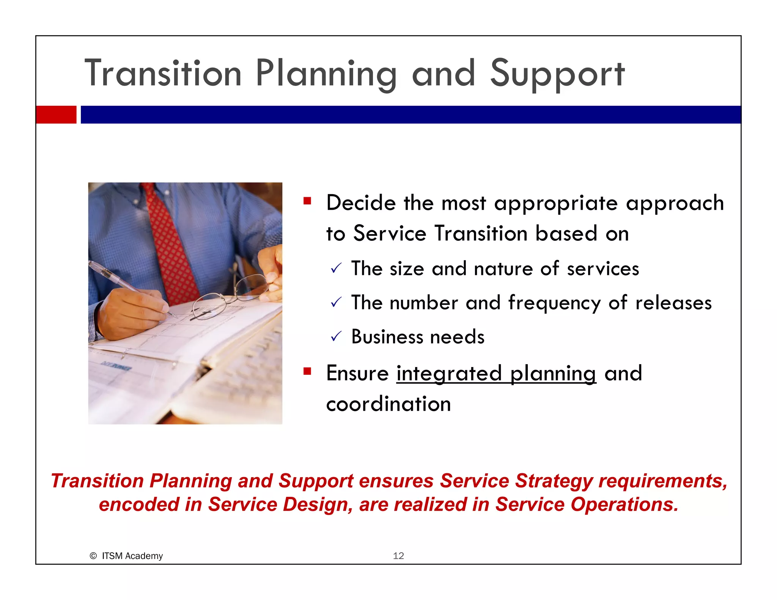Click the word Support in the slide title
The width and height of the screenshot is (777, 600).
click(x=557, y=74)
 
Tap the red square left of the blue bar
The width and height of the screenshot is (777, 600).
click(x=56, y=115)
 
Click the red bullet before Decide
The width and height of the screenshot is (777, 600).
click(x=307, y=201)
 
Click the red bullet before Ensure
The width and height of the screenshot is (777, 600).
click(x=307, y=371)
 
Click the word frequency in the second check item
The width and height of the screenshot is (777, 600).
click(x=554, y=303)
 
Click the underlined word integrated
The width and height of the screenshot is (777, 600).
click(x=449, y=374)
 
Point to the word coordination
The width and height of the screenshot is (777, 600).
click(x=388, y=404)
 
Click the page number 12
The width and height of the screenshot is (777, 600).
click(x=398, y=556)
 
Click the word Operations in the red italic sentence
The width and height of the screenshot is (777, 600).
click(x=624, y=505)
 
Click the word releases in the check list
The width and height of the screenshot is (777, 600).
click(x=673, y=303)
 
